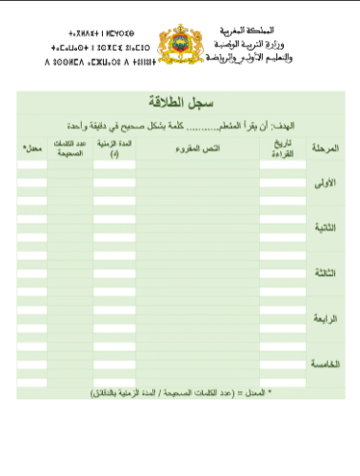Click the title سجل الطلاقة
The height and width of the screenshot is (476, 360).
tap(178, 101)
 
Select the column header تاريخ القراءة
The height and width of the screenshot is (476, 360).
tap(277, 149)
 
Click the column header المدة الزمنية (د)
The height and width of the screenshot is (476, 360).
tap(114, 149)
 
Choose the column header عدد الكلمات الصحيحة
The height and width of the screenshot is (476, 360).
tap(70, 149)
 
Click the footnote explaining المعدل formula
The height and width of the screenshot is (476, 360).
tap(181, 391)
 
